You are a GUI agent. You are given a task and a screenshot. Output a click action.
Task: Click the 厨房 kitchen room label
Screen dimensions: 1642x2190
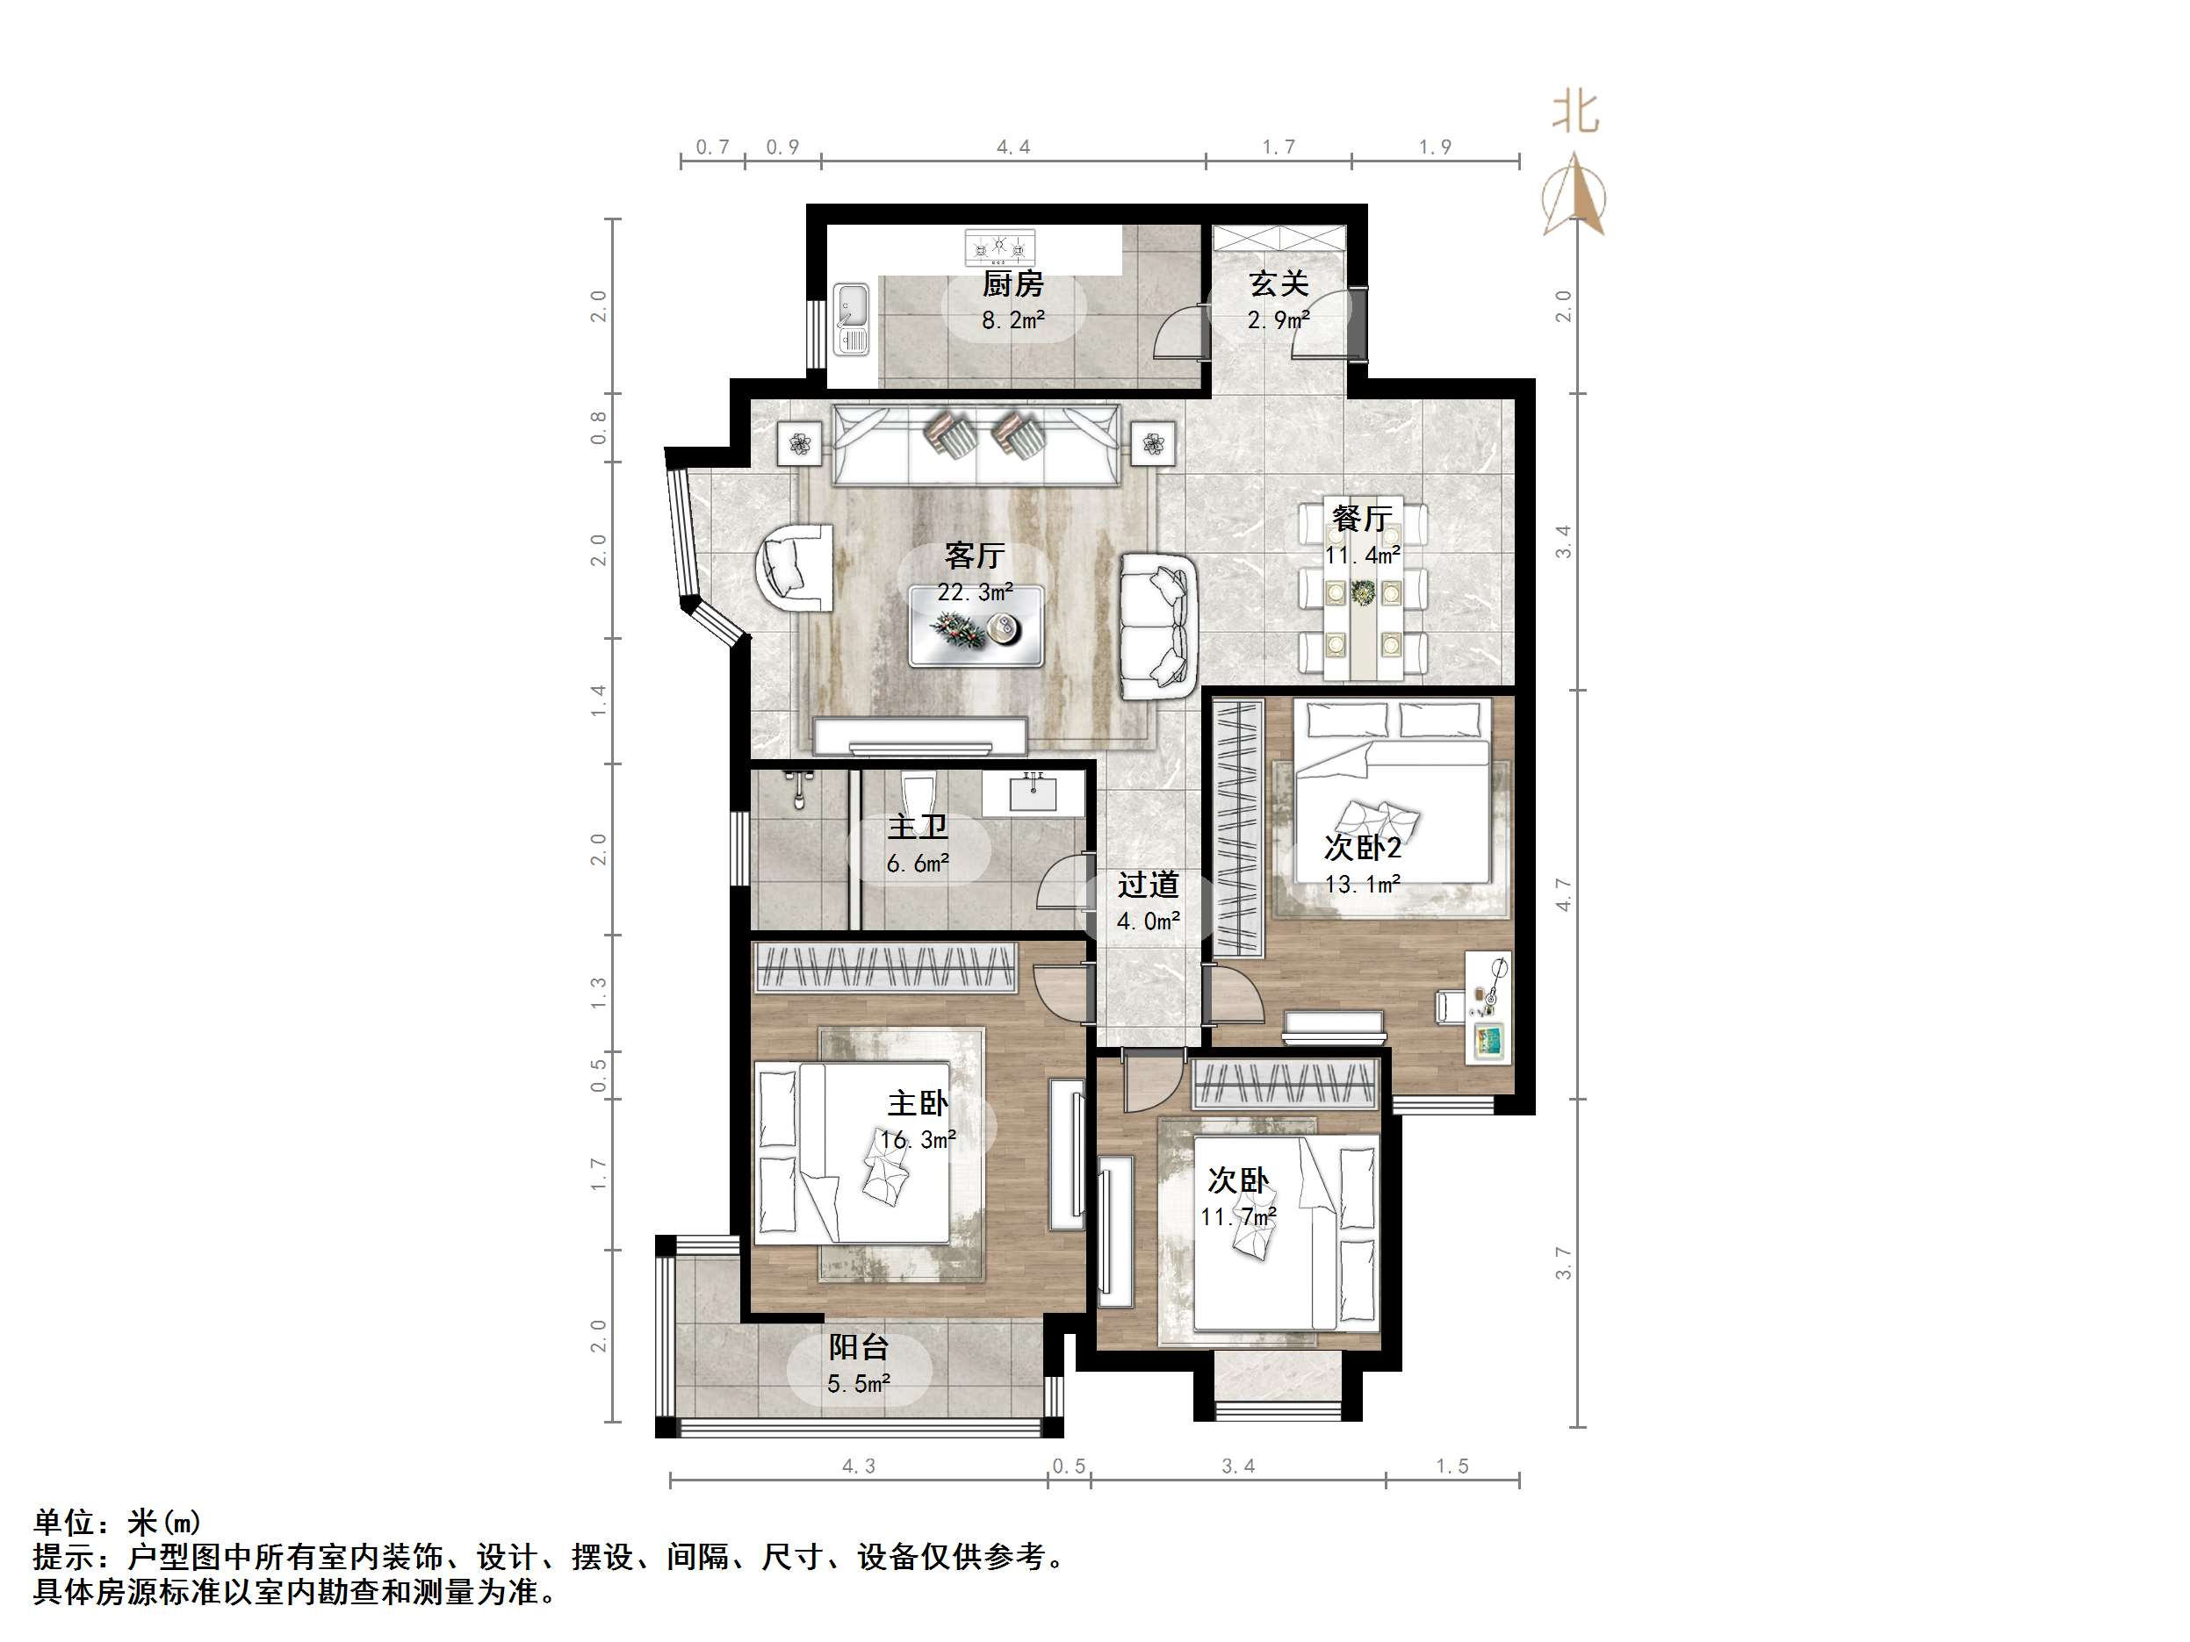[1012, 285]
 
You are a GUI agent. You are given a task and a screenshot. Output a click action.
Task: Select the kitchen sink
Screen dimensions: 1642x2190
[852, 319]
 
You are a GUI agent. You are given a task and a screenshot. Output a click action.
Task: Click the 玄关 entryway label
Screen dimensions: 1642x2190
[1279, 284]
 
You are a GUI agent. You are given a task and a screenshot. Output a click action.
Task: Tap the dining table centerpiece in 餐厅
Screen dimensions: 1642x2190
[1364, 592]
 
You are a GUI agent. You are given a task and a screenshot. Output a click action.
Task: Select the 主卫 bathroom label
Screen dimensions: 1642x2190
[917, 827]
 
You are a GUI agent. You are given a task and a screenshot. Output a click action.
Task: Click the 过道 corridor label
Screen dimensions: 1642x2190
[1149, 884]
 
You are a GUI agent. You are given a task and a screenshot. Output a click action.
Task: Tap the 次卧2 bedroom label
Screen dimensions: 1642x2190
[1362, 847]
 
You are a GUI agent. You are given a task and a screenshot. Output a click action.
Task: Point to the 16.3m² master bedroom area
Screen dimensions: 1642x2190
[918, 1140]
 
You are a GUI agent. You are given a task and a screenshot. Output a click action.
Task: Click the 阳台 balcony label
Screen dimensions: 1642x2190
[859, 1347]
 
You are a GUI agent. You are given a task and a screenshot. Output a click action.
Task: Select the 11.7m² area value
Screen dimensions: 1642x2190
[1237, 1216]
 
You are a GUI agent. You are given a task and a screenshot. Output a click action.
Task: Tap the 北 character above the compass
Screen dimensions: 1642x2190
[1575, 111]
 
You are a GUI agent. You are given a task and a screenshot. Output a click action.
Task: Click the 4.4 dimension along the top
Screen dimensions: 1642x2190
[1012, 147]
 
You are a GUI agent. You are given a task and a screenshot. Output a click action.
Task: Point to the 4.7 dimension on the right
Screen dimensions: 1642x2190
[1562, 893]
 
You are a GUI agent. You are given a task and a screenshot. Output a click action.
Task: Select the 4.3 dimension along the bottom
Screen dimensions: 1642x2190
[859, 1466]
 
